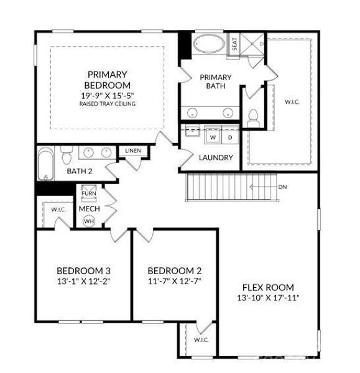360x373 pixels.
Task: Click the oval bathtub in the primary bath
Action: coord(209,44)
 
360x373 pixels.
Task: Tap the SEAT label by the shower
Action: coord(234,44)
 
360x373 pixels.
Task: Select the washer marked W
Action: coord(213,137)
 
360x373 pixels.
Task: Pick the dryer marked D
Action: coord(230,137)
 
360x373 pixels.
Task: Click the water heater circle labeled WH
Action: coord(89,221)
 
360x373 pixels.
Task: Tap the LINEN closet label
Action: coord(133,150)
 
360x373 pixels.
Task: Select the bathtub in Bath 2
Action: coord(45,163)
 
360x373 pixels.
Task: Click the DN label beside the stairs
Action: coord(282,187)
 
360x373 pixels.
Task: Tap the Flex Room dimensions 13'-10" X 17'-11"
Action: coord(268,298)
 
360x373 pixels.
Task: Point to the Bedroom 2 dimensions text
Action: coord(175,281)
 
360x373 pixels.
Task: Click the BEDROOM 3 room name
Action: coord(83,270)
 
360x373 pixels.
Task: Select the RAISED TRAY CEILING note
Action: coord(108,104)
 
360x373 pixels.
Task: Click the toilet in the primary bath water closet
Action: coord(252,118)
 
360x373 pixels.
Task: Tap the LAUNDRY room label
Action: coord(216,157)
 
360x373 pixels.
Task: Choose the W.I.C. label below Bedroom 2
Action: coord(201,339)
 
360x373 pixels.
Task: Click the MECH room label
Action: coord(90,209)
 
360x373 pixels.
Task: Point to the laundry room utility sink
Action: coord(192,131)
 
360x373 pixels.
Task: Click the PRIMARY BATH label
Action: coord(216,81)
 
